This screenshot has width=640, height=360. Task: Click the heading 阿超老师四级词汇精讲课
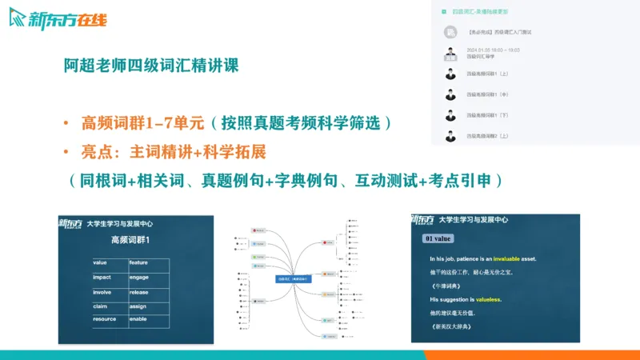pos(151,65)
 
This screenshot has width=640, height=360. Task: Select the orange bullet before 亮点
pos(66,152)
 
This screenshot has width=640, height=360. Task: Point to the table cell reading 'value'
pos(100,262)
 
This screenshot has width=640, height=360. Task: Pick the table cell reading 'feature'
pos(138,262)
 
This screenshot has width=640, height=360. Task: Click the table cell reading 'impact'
pos(102,277)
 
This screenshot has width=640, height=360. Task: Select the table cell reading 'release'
pos(139,292)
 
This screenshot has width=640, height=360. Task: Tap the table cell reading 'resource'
pos(105,318)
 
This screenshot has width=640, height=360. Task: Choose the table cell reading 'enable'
pos(138,318)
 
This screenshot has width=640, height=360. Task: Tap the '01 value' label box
pos(440,238)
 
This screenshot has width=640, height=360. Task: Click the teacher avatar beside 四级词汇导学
pos(450,54)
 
